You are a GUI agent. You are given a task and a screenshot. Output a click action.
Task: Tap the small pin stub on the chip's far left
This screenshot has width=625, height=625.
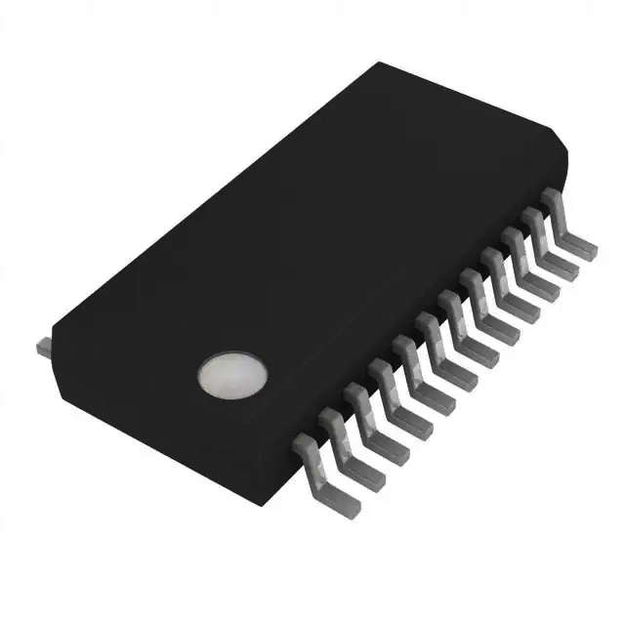(43, 347)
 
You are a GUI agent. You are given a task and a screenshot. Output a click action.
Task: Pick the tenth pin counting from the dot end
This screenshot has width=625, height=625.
(517, 256)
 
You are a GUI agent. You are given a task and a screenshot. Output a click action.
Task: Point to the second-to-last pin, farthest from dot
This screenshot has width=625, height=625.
(536, 235)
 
